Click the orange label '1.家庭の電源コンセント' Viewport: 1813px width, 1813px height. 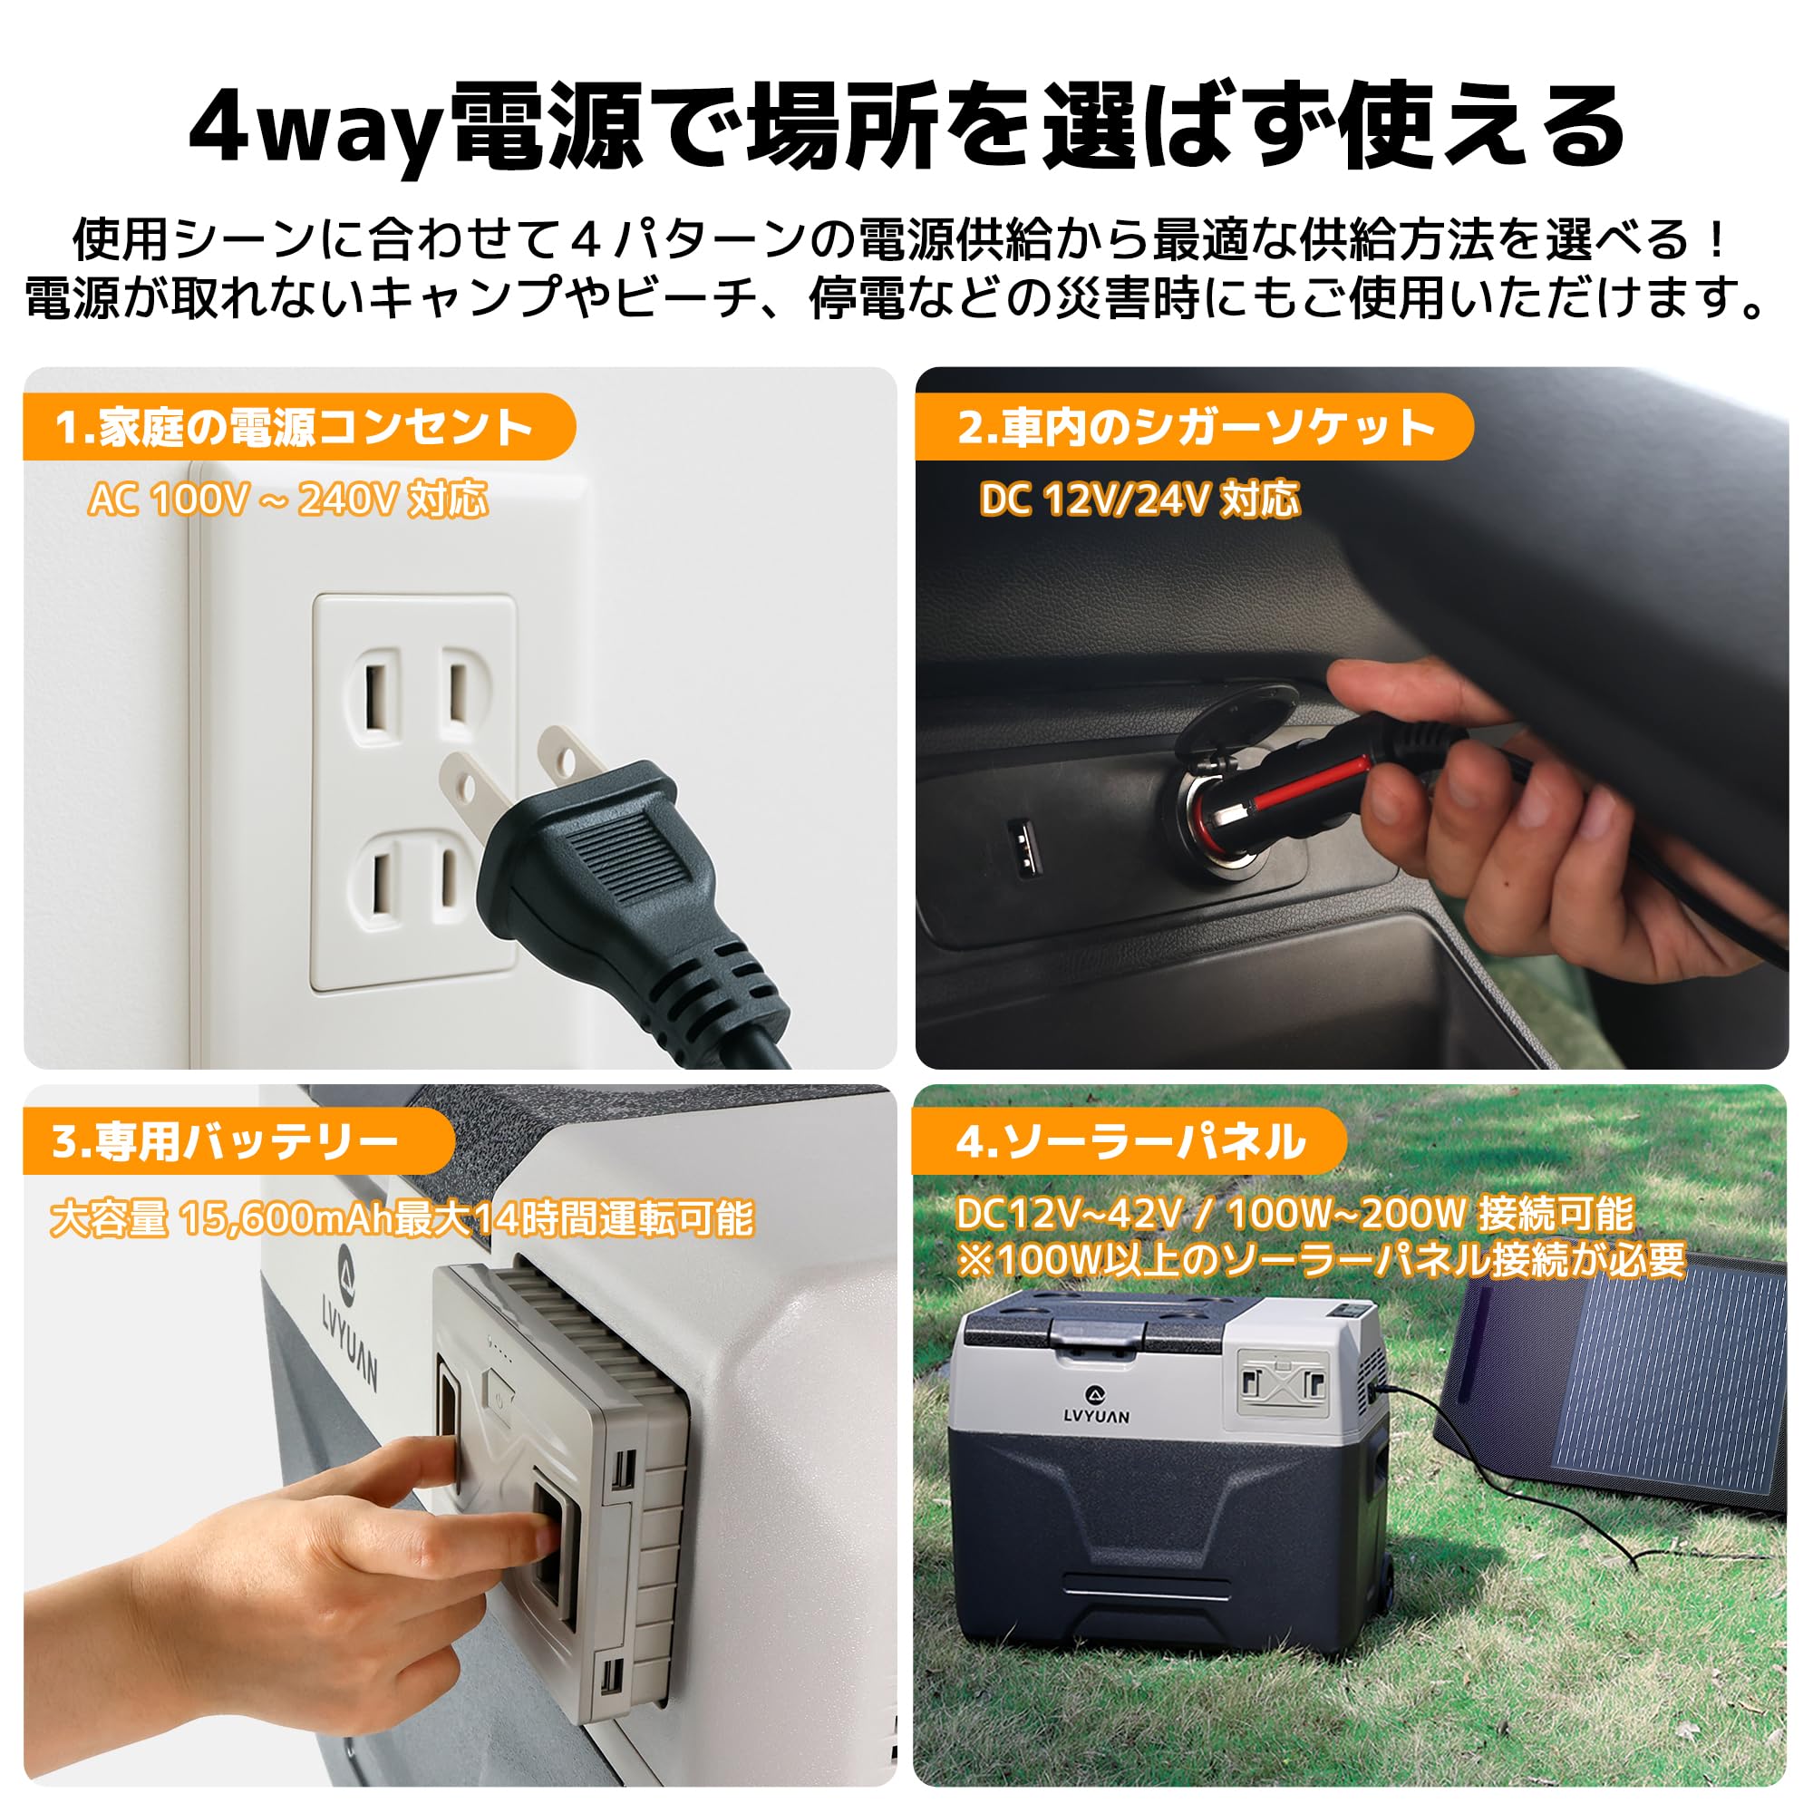tap(293, 428)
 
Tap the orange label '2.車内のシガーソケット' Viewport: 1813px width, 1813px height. tap(1194, 428)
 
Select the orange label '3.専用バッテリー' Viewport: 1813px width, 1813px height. tap(225, 1142)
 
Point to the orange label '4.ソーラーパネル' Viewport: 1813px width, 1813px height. tap(1129, 1142)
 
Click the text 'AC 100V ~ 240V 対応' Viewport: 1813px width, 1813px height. tap(287, 499)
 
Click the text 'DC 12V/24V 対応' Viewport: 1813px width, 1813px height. tap(1139, 499)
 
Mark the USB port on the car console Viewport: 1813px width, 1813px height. tap(1022, 844)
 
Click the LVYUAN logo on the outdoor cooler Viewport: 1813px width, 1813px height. tap(1096, 1405)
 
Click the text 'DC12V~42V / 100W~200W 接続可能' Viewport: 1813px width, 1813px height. tap(1295, 1215)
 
